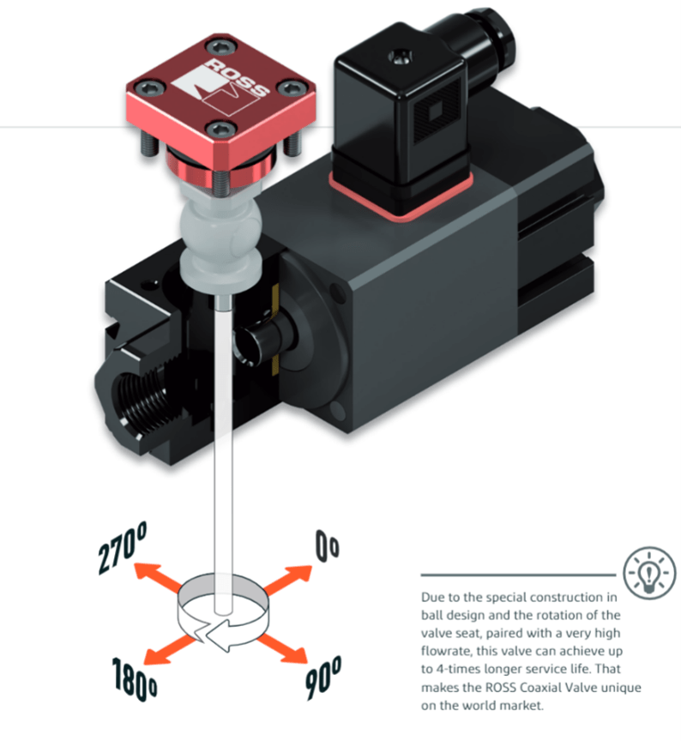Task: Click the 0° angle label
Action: [328, 548]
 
